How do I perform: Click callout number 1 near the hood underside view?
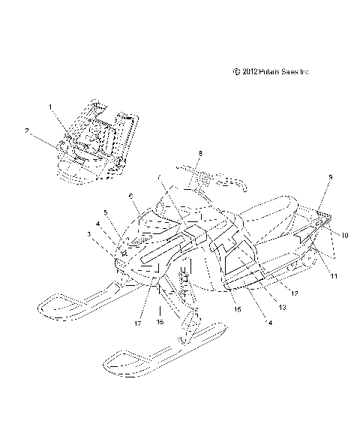pos(51,107)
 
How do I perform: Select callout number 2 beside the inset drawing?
pos(27,131)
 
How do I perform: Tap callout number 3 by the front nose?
pos(89,235)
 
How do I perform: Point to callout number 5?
pos(106,213)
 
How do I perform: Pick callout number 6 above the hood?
pos(130,196)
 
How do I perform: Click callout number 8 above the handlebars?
pos(199,153)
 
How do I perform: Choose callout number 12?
pos(295,293)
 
